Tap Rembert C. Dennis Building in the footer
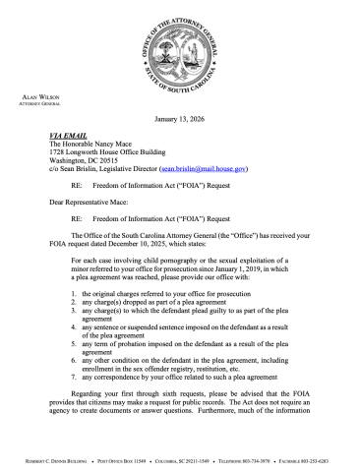pyautogui.click(x=55, y=457)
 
